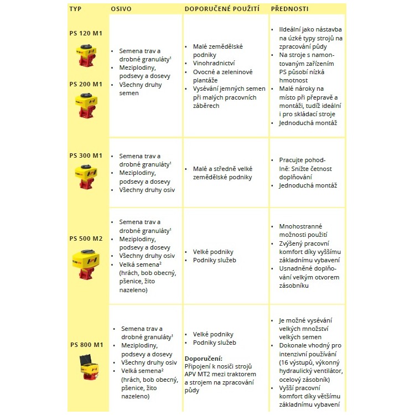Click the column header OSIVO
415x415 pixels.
coord(121,9)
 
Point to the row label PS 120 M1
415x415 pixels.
coord(86,33)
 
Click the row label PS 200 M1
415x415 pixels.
coord(86,84)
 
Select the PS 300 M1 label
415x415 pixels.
coord(86,155)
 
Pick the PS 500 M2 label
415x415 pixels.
coord(86,239)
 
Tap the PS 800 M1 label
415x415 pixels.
coord(86,345)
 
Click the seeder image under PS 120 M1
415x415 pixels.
coord(86,55)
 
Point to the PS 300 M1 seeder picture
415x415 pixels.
coord(86,174)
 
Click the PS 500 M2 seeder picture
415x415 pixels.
coord(86,263)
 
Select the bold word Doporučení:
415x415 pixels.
coord(203,358)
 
